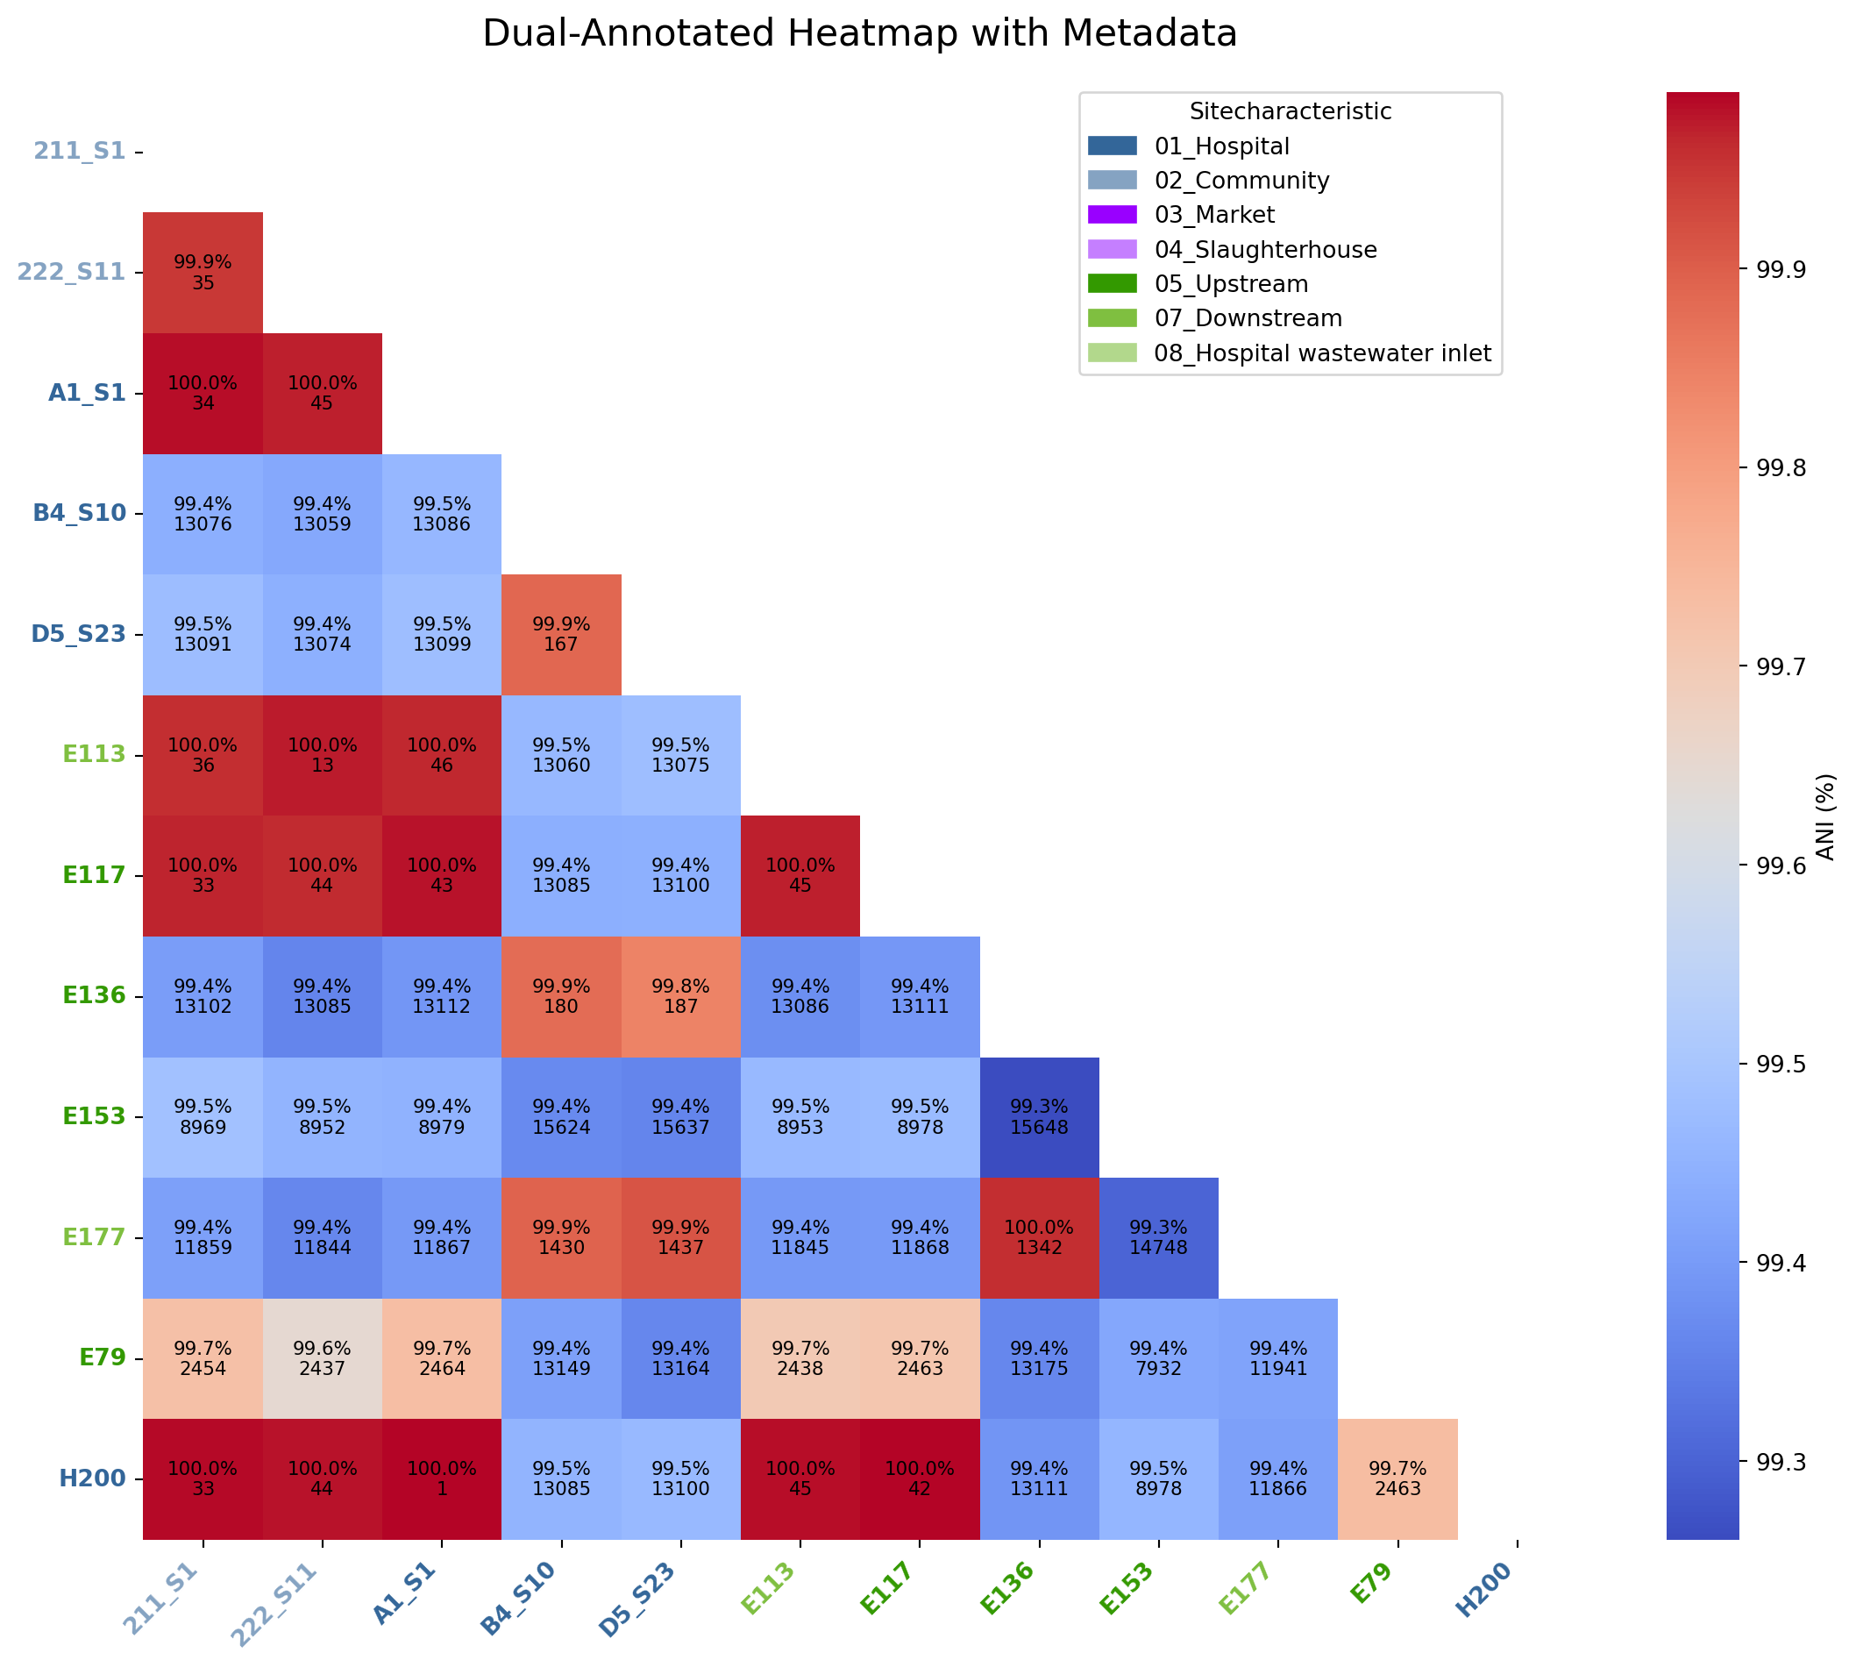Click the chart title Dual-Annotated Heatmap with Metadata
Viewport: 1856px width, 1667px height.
point(859,34)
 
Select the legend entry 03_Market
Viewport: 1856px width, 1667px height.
point(1214,214)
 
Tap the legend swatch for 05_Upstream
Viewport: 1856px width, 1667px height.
point(1112,284)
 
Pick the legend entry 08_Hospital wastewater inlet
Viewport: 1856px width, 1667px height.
point(1322,353)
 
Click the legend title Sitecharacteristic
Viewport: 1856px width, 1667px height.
point(1290,111)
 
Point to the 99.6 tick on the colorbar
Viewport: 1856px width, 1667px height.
point(1780,865)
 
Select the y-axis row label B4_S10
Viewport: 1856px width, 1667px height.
point(79,513)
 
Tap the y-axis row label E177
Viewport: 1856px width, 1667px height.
point(94,1237)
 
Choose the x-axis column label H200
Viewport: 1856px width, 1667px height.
point(1483,1590)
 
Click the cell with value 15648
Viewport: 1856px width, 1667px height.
point(1038,1116)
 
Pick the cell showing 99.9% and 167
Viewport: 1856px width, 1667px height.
point(560,634)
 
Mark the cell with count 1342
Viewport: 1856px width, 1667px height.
point(1038,1237)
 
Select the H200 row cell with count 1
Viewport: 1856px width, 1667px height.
point(441,1478)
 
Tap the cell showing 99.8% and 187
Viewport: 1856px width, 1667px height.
point(680,995)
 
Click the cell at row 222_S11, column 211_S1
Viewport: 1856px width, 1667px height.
point(203,272)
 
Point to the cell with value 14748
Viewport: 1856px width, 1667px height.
point(1158,1237)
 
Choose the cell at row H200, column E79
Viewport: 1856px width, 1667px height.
point(1397,1478)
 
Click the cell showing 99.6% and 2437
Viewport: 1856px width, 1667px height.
point(323,1358)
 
